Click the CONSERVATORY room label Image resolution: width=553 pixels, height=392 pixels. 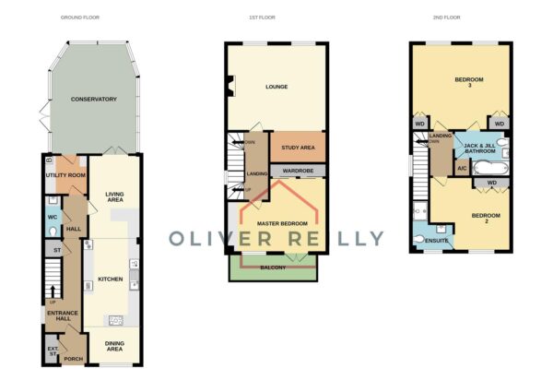click(93, 99)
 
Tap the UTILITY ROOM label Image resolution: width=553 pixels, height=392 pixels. click(65, 175)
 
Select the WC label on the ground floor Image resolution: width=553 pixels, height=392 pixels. click(53, 217)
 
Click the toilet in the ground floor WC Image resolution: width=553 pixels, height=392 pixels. click(53, 232)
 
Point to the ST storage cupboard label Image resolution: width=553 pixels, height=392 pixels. click(57, 250)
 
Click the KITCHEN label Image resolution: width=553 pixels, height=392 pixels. click(111, 279)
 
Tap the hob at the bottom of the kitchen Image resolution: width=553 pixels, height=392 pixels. click(116, 320)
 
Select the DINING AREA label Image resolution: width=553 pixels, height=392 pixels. click(114, 346)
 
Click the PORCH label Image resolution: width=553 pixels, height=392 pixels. click(74, 359)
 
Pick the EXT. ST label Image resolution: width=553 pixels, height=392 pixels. click(53, 351)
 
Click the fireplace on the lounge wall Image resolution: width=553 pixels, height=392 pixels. click(231, 86)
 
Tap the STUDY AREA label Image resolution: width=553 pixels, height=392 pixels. click(298, 148)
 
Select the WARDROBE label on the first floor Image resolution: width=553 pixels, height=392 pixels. click(298, 171)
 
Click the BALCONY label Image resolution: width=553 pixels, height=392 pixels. click(273, 267)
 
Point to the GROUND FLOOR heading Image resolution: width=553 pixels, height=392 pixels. click(80, 18)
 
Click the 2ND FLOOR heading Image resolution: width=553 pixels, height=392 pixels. click(446, 18)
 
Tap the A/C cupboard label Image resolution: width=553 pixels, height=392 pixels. click(462, 168)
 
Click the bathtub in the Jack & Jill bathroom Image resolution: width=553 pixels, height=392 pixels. click(490, 168)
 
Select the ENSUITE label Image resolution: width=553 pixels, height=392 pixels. click(437, 241)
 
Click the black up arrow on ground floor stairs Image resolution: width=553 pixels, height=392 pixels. click(53, 291)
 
